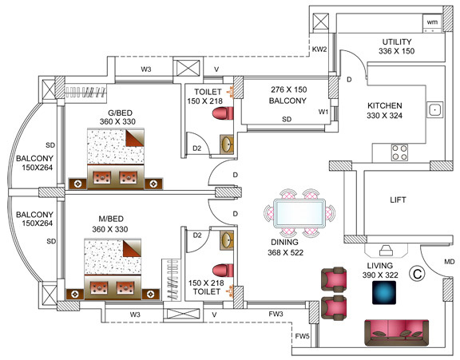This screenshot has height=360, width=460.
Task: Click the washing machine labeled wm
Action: point(432,23)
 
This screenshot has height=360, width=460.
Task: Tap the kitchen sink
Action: point(434,110)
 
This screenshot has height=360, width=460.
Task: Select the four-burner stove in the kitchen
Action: point(399,152)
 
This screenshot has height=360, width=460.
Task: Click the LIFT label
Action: point(398,200)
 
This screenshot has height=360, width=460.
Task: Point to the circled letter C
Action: point(417,274)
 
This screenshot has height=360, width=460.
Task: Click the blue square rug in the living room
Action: point(384,293)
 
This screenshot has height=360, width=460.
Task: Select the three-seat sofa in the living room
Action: point(397,333)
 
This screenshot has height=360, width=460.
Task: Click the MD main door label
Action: point(450,262)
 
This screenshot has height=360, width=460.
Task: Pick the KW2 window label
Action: point(319,49)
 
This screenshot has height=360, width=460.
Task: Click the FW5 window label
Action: point(302,336)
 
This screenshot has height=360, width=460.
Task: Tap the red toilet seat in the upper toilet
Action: point(223,113)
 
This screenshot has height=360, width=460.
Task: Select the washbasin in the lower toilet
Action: point(227,240)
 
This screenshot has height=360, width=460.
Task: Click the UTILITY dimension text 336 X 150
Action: point(396,51)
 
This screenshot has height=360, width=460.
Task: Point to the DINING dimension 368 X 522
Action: point(285,252)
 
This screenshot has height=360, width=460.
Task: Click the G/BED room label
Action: point(120,113)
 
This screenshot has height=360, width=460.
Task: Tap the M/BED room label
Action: point(111,219)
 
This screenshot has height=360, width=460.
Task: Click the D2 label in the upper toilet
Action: point(196,148)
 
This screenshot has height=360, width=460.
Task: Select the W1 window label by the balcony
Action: point(323,112)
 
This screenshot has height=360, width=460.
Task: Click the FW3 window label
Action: point(276,314)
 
